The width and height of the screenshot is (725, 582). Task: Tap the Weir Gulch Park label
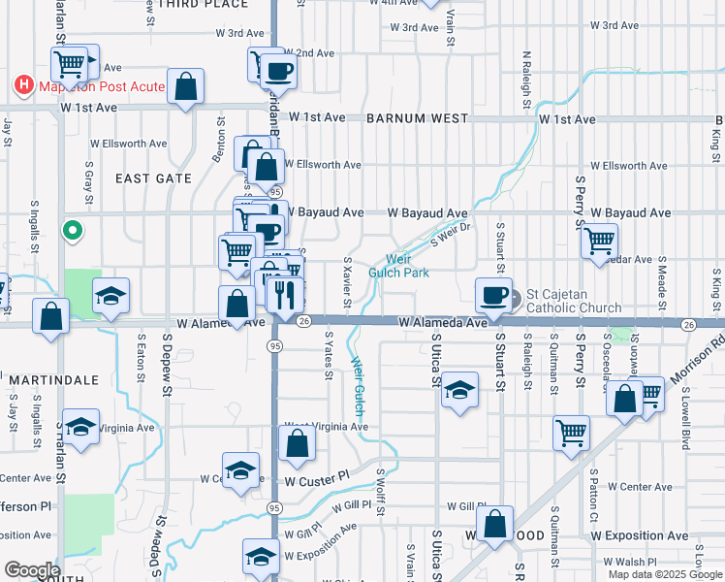pyautogui.click(x=398, y=266)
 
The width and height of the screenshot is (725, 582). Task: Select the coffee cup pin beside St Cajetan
pyautogui.click(x=493, y=294)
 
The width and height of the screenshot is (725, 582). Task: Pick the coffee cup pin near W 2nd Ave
pyautogui.click(x=278, y=70)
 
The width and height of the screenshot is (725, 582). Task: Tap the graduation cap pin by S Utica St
pyautogui.click(x=460, y=392)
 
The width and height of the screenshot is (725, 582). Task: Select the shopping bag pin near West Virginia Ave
pyautogui.click(x=298, y=444)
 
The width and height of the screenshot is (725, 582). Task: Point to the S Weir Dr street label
pyautogui.click(x=450, y=233)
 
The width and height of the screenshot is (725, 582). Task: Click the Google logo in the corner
pyautogui.click(x=32, y=570)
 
